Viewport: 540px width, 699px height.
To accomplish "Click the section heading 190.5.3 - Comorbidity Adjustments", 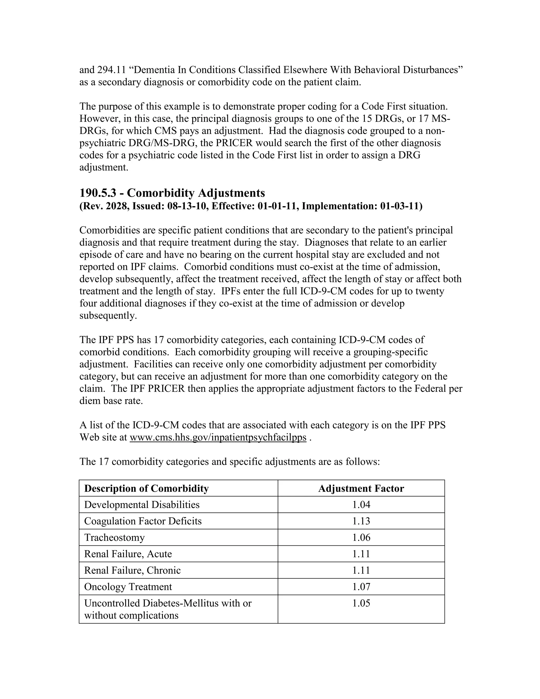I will (x=172, y=193).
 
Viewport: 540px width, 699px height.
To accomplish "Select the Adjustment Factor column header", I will (x=361, y=489).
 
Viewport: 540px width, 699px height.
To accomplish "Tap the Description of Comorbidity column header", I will (x=146, y=489).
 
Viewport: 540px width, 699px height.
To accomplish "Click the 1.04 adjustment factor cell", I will (x=361, y=505).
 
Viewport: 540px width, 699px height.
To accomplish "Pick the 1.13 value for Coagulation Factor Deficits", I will (x=361, y=521).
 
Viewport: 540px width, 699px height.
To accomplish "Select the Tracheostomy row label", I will (x=114, y=537).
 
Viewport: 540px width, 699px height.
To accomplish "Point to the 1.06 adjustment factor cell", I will (x=361, y=537).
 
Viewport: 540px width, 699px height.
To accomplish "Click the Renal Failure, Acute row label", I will (x=128, y=554).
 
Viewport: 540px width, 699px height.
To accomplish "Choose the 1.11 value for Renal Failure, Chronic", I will (x=361, y=570).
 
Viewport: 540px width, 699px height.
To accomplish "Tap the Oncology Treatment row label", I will (x=128, y=587).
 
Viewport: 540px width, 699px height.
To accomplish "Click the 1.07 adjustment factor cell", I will (x=361, y=587).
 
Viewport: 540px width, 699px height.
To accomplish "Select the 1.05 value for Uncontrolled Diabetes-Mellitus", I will (x=361, y=603).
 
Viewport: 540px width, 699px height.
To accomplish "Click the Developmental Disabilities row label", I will (x=142, y=505).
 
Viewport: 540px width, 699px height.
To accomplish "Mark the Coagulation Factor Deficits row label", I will (x=143, y=521).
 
